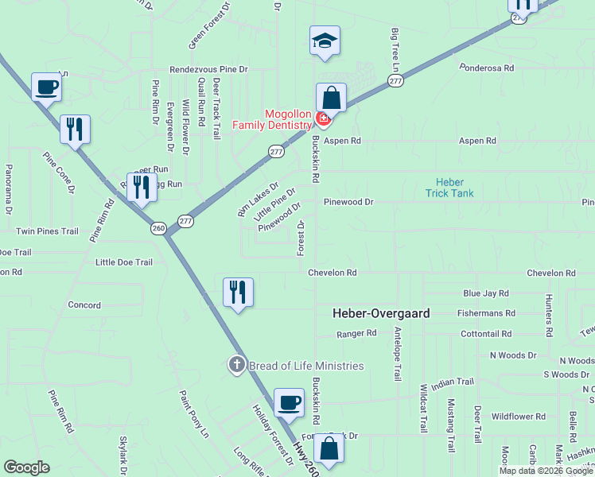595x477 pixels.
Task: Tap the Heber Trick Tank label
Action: pos(449,188)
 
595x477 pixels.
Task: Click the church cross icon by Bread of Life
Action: pos(236,365)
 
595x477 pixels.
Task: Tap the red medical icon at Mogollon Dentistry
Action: pos(323,120)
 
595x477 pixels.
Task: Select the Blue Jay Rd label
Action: pos(485,293)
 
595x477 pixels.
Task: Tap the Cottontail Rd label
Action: pos(485,334)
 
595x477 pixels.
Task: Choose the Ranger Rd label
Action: pos(356,334)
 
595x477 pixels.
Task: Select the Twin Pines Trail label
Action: pos(48,231)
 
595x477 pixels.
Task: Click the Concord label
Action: pos(84,305)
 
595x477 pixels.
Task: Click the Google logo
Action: pos(26,467)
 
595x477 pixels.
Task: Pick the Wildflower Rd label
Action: pos(518,416)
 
